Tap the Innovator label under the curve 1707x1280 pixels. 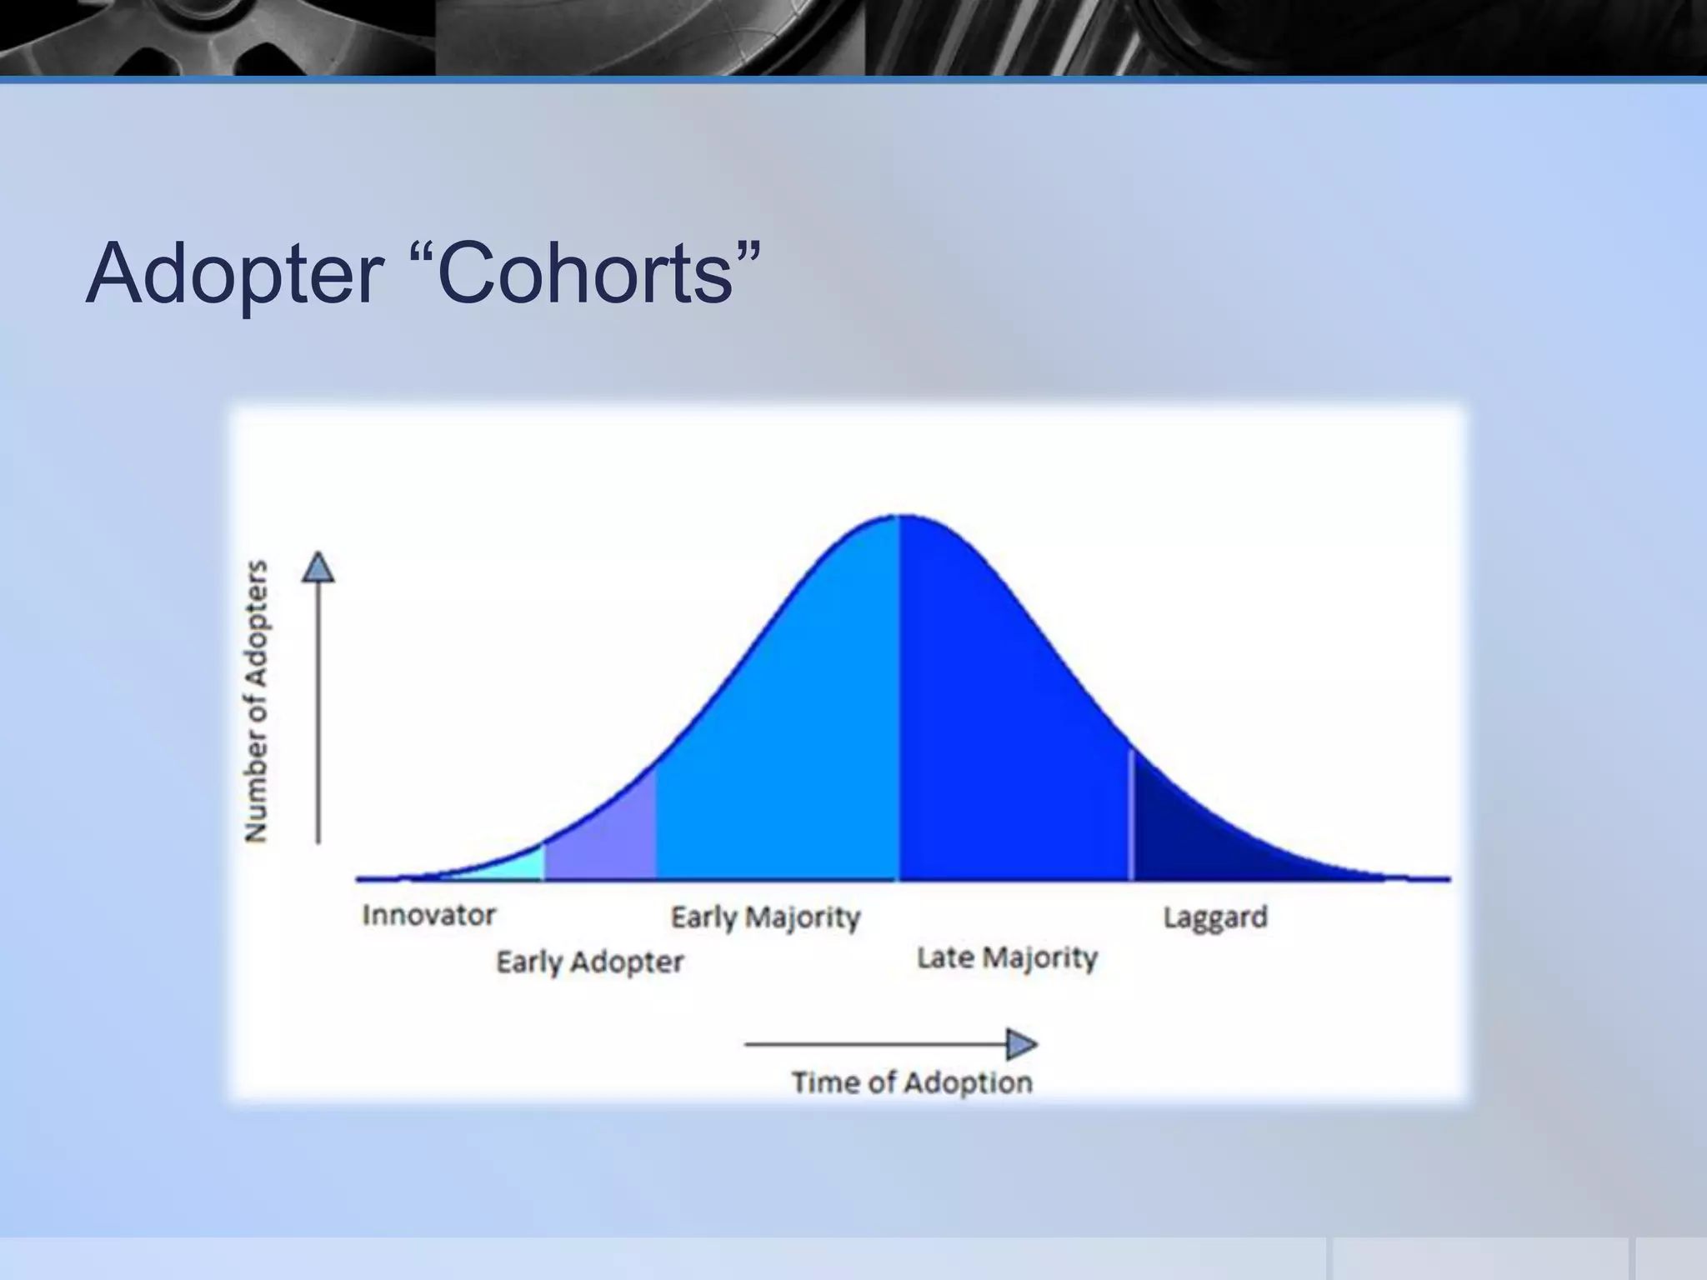(428, 915)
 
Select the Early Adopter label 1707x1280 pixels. (589, 962)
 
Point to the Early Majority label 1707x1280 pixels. (765, 917)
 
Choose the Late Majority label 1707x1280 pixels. (1007, 957)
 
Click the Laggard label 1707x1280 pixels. (1214, 917)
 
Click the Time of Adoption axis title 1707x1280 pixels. (911, 1082)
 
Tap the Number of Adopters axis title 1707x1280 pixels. (257, 700)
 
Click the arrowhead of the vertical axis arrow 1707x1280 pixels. (318, 568)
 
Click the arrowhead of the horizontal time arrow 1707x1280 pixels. (1020, 1043)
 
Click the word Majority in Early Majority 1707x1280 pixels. (803, 917)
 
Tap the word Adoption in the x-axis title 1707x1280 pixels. (968, 1082)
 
